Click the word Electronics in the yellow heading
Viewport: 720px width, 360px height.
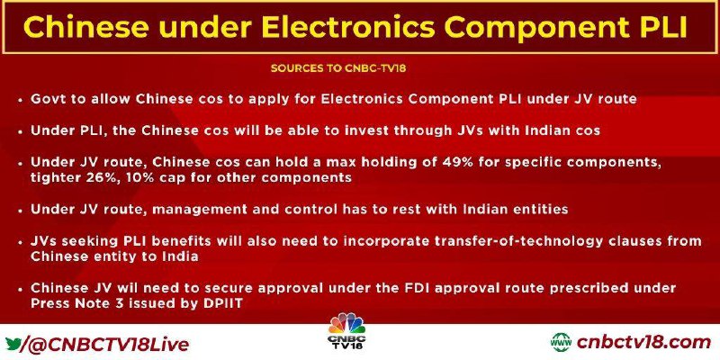pos(350,28)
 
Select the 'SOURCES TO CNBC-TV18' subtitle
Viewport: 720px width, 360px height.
pos(338,69)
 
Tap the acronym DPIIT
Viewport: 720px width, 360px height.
pos(228,303)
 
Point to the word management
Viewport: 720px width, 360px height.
pos(193,210)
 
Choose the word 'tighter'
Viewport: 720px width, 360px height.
pos(53,177)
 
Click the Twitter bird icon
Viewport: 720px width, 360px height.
pos(13,343)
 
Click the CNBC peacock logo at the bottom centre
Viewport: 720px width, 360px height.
pos(346,330)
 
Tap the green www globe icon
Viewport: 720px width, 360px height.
pos(561,343)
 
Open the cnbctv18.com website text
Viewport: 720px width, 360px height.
pos(643,343)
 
